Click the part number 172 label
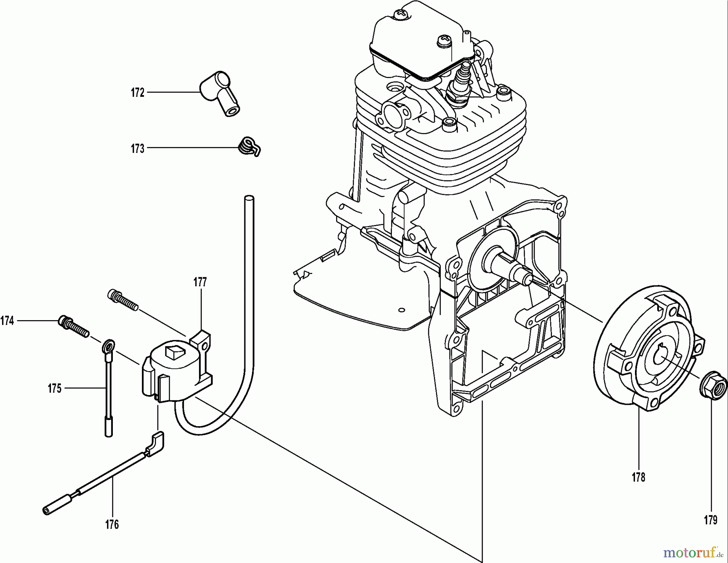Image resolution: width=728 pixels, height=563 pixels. click(138, 93)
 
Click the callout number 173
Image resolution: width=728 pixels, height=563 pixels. click(138, 149)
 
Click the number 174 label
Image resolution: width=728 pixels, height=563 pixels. click(7, 321)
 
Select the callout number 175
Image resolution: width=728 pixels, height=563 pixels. click(54, 389)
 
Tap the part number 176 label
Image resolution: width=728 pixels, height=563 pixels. click(112, 525)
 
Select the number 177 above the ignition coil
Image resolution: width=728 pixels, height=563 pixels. click(200, 282)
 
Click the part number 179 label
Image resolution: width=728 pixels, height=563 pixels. click(711, 520)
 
